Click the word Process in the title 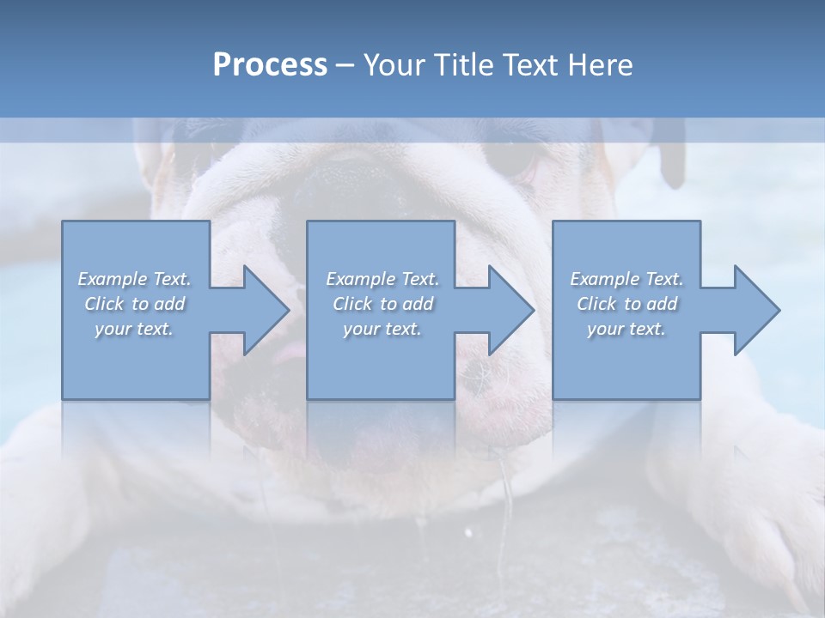tap(270, 65)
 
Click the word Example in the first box tap(113, 279)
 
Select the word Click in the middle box tap(351, 304)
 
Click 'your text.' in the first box tap(134, 329)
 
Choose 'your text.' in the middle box tap(382, 329)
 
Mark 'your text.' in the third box tap(626, 329)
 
